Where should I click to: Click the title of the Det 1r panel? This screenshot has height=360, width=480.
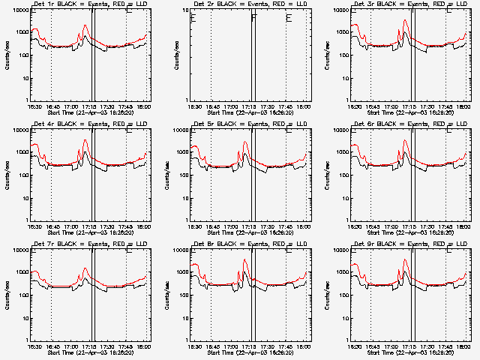89,4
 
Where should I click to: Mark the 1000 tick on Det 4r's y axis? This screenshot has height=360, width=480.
22,153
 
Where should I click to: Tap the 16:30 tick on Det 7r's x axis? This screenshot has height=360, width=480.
34,346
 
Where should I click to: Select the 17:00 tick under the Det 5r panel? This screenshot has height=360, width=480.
231,226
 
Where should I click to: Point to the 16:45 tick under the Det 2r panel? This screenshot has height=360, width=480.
212,106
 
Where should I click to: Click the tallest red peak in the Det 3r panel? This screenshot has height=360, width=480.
406,20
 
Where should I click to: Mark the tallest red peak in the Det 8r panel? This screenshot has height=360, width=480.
244,259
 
